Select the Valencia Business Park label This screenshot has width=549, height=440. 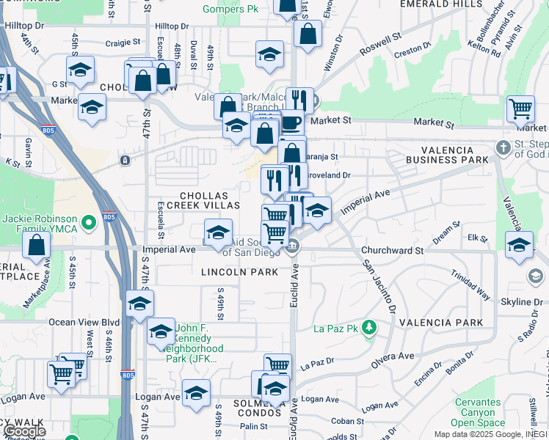[x=448, y=154]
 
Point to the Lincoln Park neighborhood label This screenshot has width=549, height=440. [x=240, y=272]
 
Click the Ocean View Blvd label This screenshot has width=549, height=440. [x=84, y=322]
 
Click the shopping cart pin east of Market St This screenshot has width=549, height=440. [x=520, y=109]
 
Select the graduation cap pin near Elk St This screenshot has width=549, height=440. [x=519, y=245]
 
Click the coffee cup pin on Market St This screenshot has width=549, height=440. [x=291, y=121]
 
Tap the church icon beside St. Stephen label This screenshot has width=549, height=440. [x=503, y=147]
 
